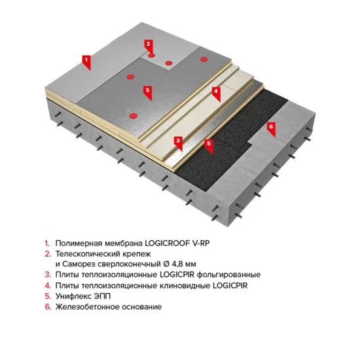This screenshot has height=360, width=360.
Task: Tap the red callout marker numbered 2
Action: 149,45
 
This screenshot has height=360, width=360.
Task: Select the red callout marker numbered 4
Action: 215,92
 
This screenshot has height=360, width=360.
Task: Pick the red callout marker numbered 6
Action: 271,126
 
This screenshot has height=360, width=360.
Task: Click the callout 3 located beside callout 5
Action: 178,140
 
